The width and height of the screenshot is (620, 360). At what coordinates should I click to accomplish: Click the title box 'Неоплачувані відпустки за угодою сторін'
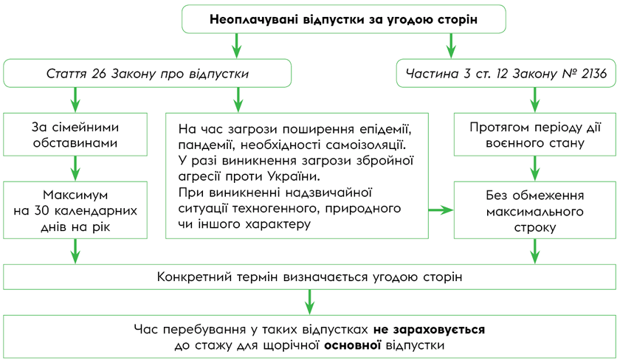pos(343,20)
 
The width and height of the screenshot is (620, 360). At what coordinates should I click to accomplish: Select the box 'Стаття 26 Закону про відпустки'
pos(148,74)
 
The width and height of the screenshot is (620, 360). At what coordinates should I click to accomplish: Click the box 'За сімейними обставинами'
pos(75,134)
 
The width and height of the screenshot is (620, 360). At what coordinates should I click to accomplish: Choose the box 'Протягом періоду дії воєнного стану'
pos(536,134)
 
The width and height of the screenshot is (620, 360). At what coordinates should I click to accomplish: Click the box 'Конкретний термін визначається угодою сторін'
pos(309,277)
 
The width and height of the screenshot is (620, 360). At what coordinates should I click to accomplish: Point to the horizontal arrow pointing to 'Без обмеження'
pos(441,211)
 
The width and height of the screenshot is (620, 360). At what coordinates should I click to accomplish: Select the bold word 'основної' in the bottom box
pos(352,345)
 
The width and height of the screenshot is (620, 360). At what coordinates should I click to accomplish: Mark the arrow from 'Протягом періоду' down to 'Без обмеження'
pos(534,169)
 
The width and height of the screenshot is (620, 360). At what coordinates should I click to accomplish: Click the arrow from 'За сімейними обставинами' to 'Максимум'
pos(75,169)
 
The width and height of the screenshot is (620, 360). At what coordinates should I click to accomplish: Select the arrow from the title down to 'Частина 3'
pos(450,46)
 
